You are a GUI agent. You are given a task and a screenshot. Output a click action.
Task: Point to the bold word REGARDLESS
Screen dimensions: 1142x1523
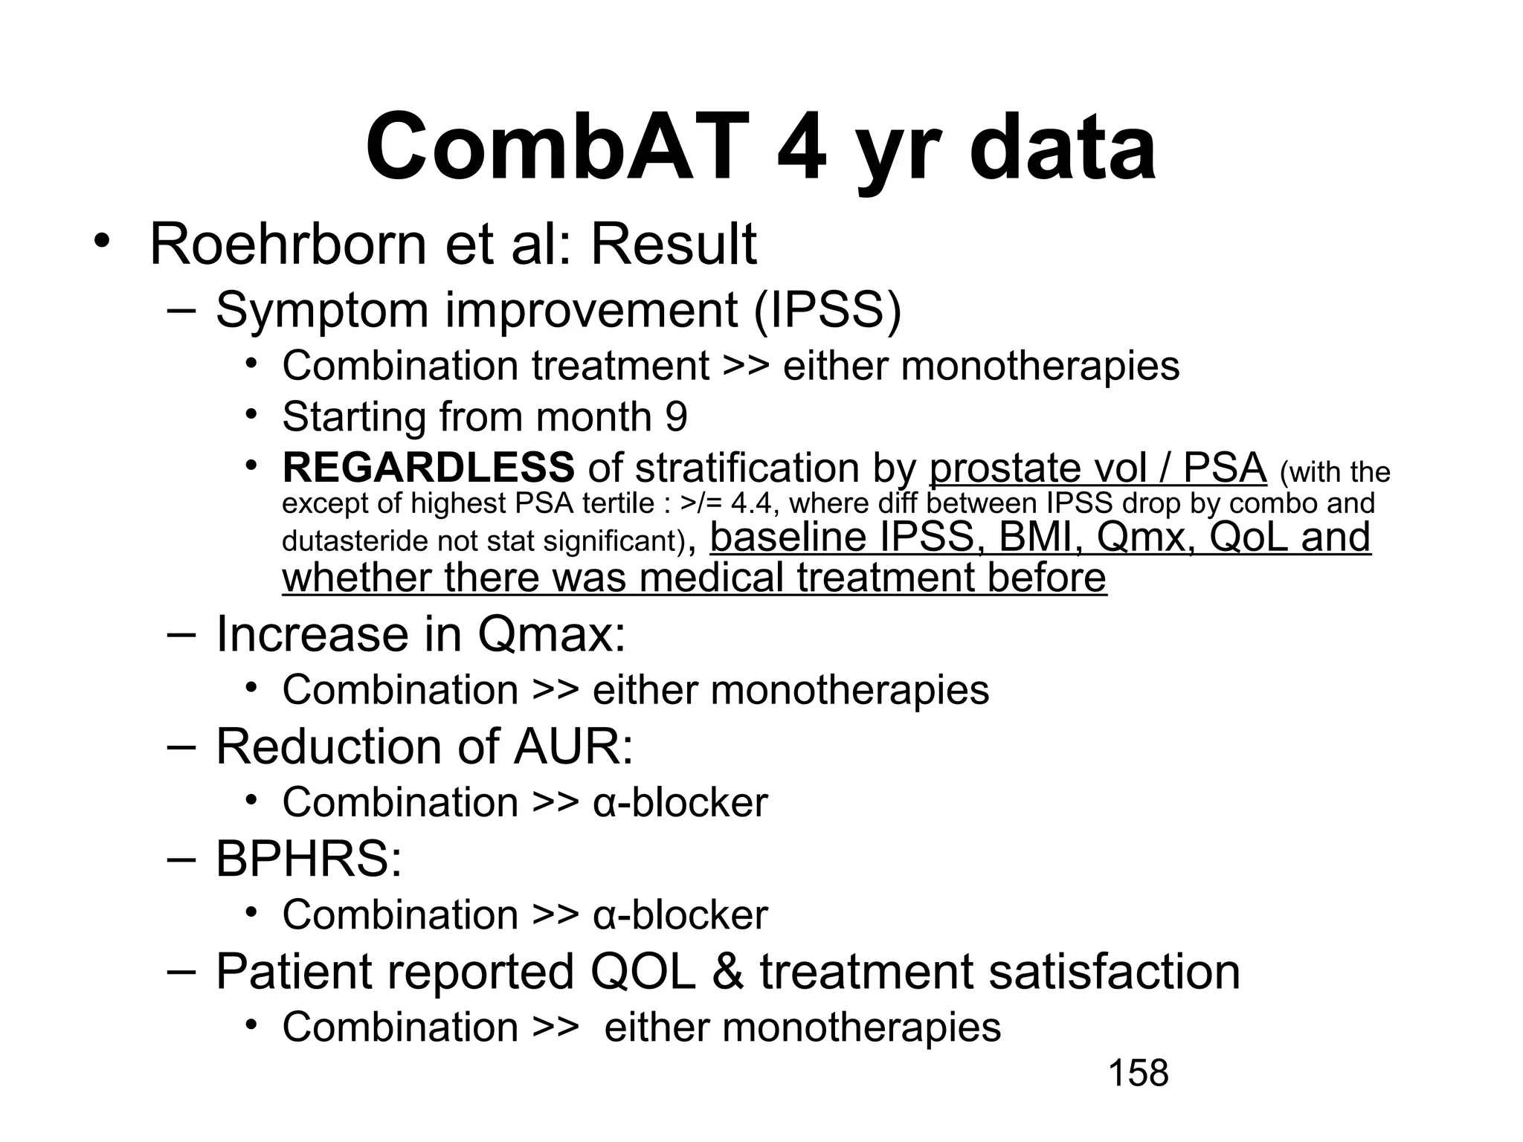(428, 468)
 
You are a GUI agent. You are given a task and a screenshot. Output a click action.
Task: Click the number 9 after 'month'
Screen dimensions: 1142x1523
(676, 416)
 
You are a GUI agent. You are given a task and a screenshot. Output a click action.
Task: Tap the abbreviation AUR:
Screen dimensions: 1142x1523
(573, 746)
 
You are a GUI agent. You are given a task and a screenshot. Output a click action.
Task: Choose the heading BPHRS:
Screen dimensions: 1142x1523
(309, 859)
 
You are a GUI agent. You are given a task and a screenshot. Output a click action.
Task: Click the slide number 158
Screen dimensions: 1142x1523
(1138, 1074)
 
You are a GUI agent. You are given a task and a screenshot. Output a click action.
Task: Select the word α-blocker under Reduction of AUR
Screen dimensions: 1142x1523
(680, 802)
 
